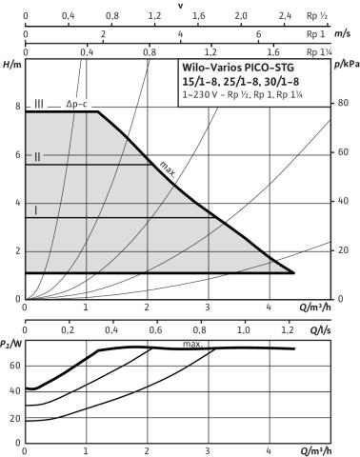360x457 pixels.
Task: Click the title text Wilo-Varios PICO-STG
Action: (x=238, y=68)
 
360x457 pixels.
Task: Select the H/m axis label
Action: (x=12, y=65)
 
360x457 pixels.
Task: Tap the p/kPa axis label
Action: (x=347, y=65)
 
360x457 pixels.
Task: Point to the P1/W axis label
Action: (x=10, y=344)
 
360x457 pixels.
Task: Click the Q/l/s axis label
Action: (x=320, y=330)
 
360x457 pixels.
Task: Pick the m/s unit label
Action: (x=342, y=33)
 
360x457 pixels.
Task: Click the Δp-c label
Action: (x=76, y=104)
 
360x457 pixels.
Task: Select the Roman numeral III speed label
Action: (x=39, y=104)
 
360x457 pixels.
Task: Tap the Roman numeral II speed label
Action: (x=37, y=157)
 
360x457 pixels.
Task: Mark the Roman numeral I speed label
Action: (x=35, y=210)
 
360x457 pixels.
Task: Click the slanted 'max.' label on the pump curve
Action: (x=168, y=169)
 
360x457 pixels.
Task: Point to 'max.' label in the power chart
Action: (x=192, y=344)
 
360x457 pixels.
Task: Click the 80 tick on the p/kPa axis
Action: (x=342, y=103)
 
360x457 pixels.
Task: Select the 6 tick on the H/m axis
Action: (x=18, y=154)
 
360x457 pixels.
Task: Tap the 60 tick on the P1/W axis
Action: (x=15, y=366)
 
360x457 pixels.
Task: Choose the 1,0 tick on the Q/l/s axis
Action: (x=244, y=330)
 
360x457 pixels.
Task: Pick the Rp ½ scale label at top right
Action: (x=317, y=15)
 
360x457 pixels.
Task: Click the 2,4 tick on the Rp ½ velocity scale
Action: (x=285, y=15)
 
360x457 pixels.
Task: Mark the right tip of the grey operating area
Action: (x=294, y=272)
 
